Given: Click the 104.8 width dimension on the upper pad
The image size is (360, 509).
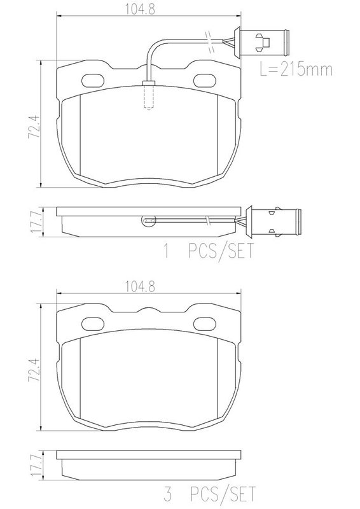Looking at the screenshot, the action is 140,9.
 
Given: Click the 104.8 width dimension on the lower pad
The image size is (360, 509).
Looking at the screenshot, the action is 140,286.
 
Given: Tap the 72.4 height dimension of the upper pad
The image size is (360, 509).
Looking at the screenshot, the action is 34,126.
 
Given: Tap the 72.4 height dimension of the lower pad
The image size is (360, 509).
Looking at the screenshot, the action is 34,370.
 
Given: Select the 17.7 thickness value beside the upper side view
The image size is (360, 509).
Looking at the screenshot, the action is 35,221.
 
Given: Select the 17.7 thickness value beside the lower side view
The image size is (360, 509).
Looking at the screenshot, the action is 35,466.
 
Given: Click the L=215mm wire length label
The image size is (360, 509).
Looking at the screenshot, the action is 296,69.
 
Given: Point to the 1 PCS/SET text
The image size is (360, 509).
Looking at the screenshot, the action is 209,251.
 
